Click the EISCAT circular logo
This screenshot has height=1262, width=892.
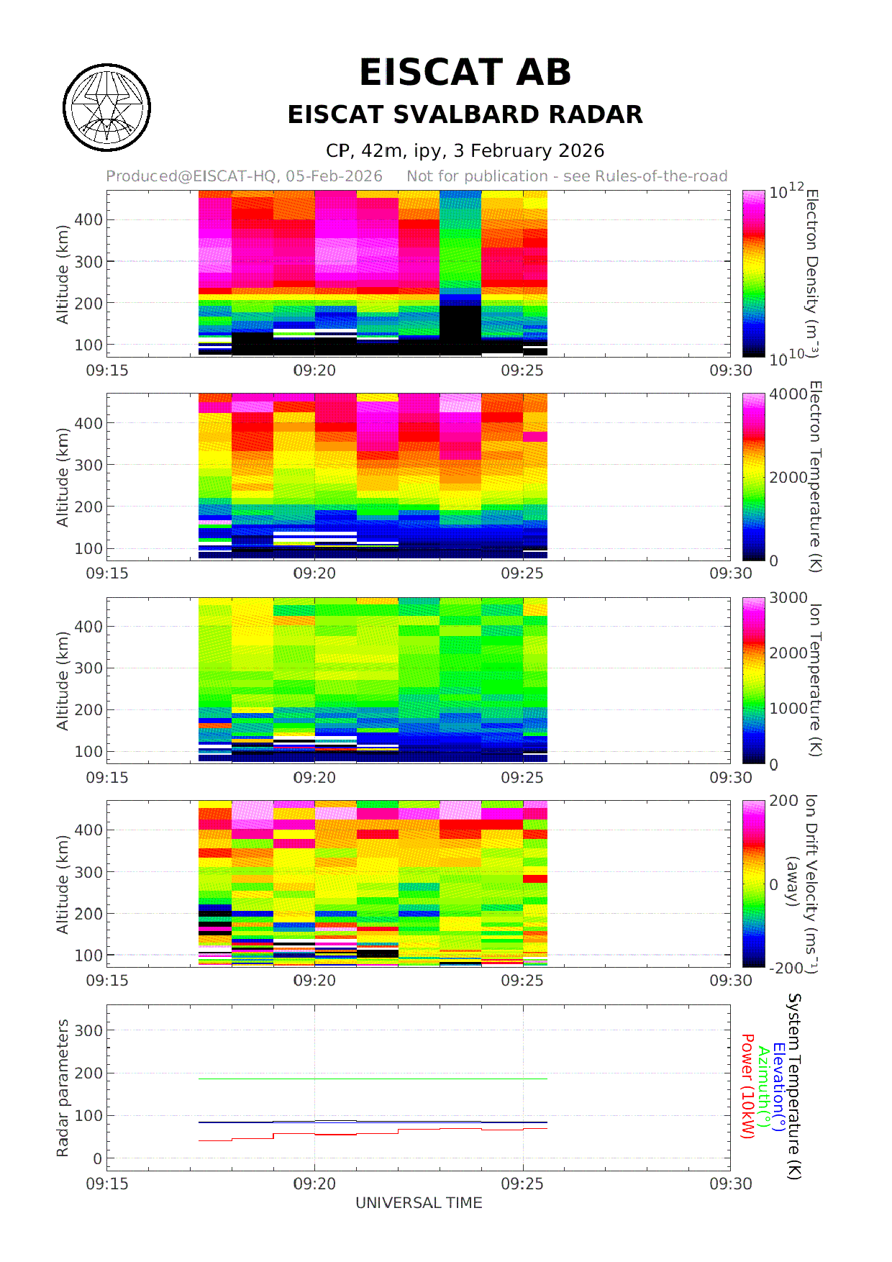pos(106,108)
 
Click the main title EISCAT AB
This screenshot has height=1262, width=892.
pos(465,73)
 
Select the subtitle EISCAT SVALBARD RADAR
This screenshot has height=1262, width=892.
pos(465,114)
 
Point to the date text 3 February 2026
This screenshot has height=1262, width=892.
pos(529,151)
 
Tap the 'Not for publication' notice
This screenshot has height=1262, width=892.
pos(567,176)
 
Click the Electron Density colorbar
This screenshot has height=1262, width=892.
pos(753,273)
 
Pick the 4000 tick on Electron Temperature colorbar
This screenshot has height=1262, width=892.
pos(788,394)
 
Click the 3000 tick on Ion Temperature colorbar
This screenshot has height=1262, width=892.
pos(788,598)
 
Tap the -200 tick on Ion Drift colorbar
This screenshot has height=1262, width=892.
pos(786,968)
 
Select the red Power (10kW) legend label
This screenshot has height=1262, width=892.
pos(747,1086)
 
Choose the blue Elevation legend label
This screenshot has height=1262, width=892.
pos(778,1086)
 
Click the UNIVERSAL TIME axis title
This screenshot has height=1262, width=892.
pos(419,1203)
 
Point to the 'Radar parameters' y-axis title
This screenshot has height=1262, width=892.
pos(63,1088)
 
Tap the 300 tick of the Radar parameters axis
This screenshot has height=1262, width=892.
pos(89,1030)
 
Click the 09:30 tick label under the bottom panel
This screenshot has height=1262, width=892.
pos(730,1184)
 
